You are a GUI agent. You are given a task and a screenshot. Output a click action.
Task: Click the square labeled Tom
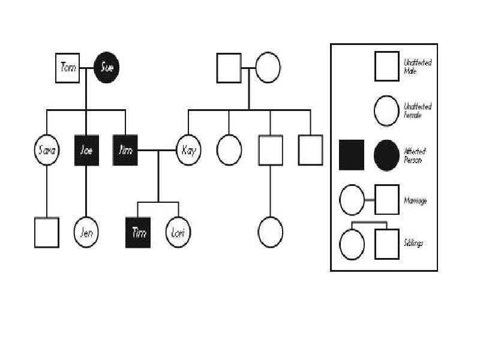68,67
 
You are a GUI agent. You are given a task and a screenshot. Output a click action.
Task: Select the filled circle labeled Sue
107,67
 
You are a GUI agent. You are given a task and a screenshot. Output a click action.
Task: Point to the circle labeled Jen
87,232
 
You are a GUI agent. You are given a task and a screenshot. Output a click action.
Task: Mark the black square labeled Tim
139,232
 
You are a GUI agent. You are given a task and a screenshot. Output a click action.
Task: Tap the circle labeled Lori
177,232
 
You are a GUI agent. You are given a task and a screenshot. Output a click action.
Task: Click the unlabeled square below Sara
47,232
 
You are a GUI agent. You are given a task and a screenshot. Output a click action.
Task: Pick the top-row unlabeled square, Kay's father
229,67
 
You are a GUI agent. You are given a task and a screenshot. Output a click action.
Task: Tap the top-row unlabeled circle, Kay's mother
268,67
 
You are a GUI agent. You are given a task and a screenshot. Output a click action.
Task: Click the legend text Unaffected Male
418,66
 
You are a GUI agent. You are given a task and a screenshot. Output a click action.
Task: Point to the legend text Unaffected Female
418,110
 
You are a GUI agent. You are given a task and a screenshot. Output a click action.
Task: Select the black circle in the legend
386,155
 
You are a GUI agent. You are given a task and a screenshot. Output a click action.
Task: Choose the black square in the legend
351,155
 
